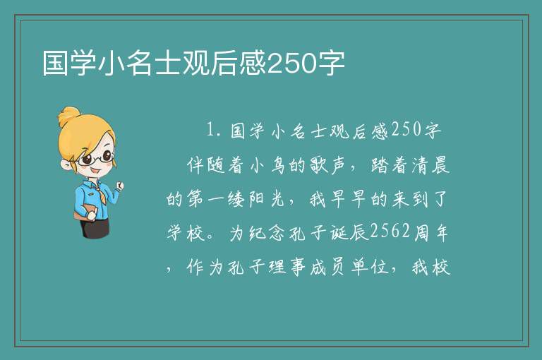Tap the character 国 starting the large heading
(x=56, y=64)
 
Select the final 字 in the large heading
(x=332, y=64)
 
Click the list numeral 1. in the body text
(x=213, y=130)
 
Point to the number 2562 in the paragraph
(x=390, y=232)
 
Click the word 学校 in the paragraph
(x=186, y=232)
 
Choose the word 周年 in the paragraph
(x=431, y=232)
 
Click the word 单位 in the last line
(x=370, y=267)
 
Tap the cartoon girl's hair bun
(x=69, y=116)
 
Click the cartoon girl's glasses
(x=97, y=158)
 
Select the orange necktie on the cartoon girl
(x=102, y=196)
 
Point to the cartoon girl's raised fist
(x=119, y=186)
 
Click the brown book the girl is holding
(x=85, y=212)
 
